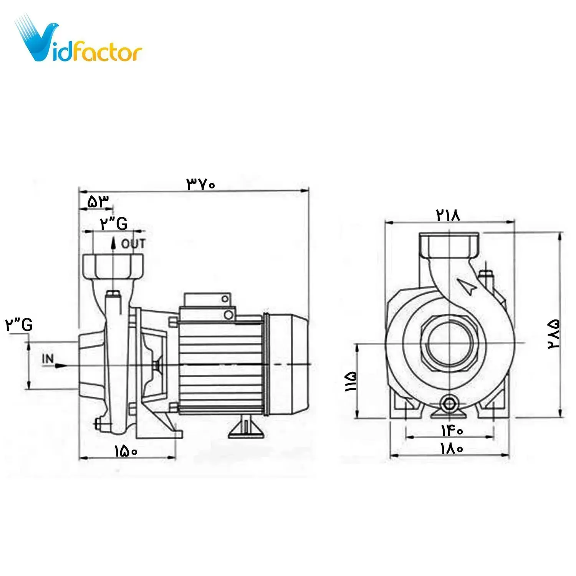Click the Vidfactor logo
[x=79, y=40]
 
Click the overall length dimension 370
[x=201, y=184]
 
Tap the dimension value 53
[x=98, y=202]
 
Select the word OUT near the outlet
[x=133, y=243]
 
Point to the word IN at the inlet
[x=48, y=359]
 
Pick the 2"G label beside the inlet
[x=18, y=325]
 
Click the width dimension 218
[x=448, y=215]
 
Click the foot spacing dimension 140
[x=452, y=431]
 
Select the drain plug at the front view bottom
[x=448, y=404]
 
